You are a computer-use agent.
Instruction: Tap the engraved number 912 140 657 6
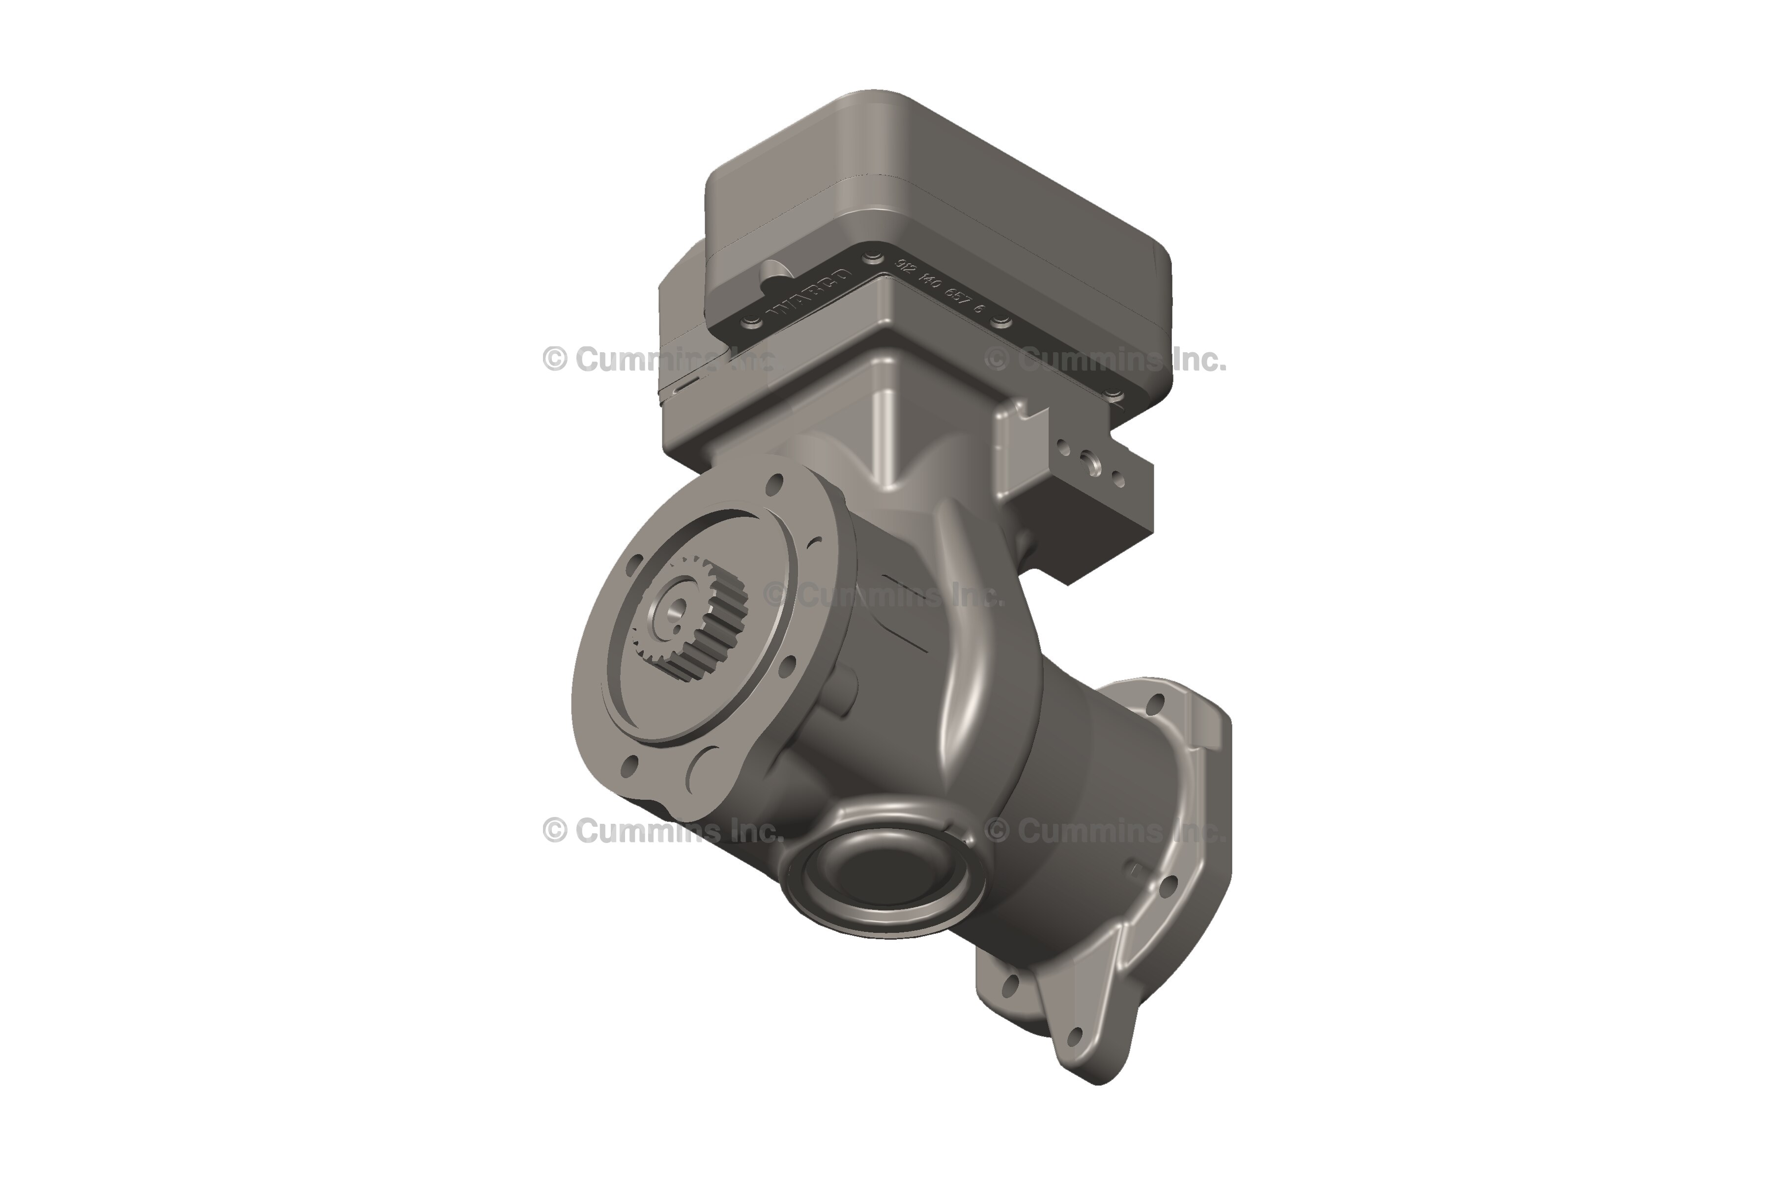pos(940,286)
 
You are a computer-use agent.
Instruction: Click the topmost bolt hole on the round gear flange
pos(772,486)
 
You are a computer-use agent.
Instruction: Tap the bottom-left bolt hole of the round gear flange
pos(630,765)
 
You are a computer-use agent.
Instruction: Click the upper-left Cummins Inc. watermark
pos(658,360)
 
